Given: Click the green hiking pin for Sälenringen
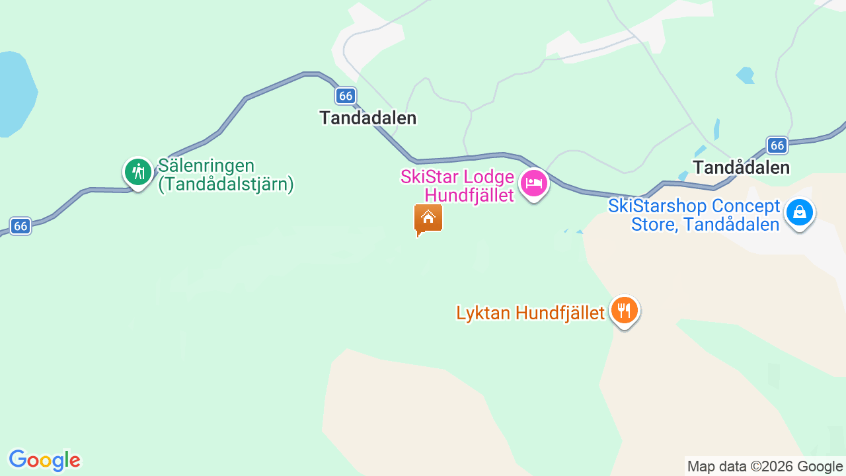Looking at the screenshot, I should [137, 173].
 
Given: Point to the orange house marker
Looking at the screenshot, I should [428, 219].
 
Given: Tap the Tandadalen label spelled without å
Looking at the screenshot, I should [368, 118].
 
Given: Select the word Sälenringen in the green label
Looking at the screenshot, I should [206, 165].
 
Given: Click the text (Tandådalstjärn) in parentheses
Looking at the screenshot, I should [225, 184].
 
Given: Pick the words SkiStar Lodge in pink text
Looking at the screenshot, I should [457, 177].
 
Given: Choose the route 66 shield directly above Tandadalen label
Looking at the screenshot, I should [345, 96].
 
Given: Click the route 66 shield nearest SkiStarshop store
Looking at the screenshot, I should [777, 145].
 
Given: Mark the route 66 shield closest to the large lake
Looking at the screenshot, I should [20, 226].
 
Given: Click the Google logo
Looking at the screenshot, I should [44, 460].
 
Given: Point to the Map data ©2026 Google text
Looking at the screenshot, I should [765, 467].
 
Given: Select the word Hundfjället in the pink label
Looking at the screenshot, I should [469, 195].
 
